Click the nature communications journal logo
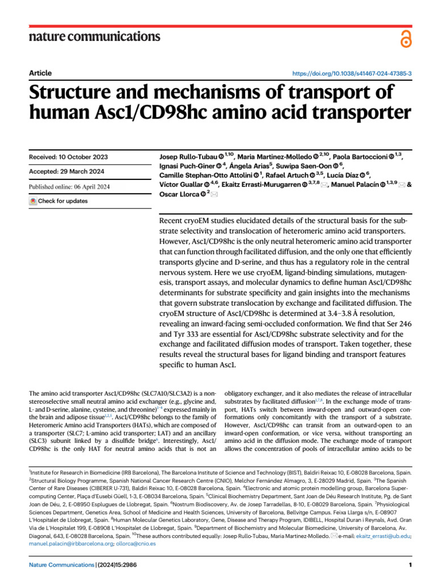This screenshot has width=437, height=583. click(94, 37)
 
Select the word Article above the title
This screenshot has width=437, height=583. click(40, 73)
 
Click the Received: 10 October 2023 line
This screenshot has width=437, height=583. click(68, 157)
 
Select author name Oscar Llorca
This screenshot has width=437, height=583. click(176, 194)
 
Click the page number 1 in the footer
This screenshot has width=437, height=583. click(410, 565)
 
